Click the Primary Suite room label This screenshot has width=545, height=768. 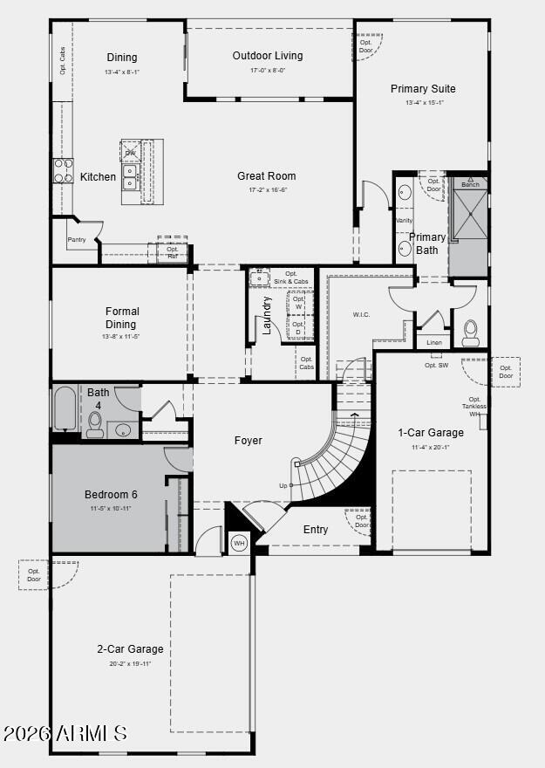(x=423, y=89)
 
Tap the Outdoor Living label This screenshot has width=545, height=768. (x=268, y=56)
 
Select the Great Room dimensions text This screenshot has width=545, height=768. (x=267, y=190)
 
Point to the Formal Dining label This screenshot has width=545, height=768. (x=122, y=318)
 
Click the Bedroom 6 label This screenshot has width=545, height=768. (x=111, y=494)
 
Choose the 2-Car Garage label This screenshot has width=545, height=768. (x=130, y=649)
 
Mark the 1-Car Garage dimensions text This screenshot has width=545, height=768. (x=431, y=448)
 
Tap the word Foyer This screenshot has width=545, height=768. (x=249, y=441)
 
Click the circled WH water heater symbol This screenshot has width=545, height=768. (x=239, y=543)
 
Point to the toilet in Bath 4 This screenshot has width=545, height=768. (x=95, y=424)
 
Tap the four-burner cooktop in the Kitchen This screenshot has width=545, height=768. (x=63, y=170)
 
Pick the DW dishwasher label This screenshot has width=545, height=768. (x=130, y=153)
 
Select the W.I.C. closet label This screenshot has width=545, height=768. (x=361, y=314)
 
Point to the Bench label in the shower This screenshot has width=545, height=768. (x=470, y=184)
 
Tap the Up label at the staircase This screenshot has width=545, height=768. (x=283, y=485)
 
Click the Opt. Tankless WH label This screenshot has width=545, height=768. (x=475, y=407)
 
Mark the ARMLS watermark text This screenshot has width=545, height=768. (x=65, y=733)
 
